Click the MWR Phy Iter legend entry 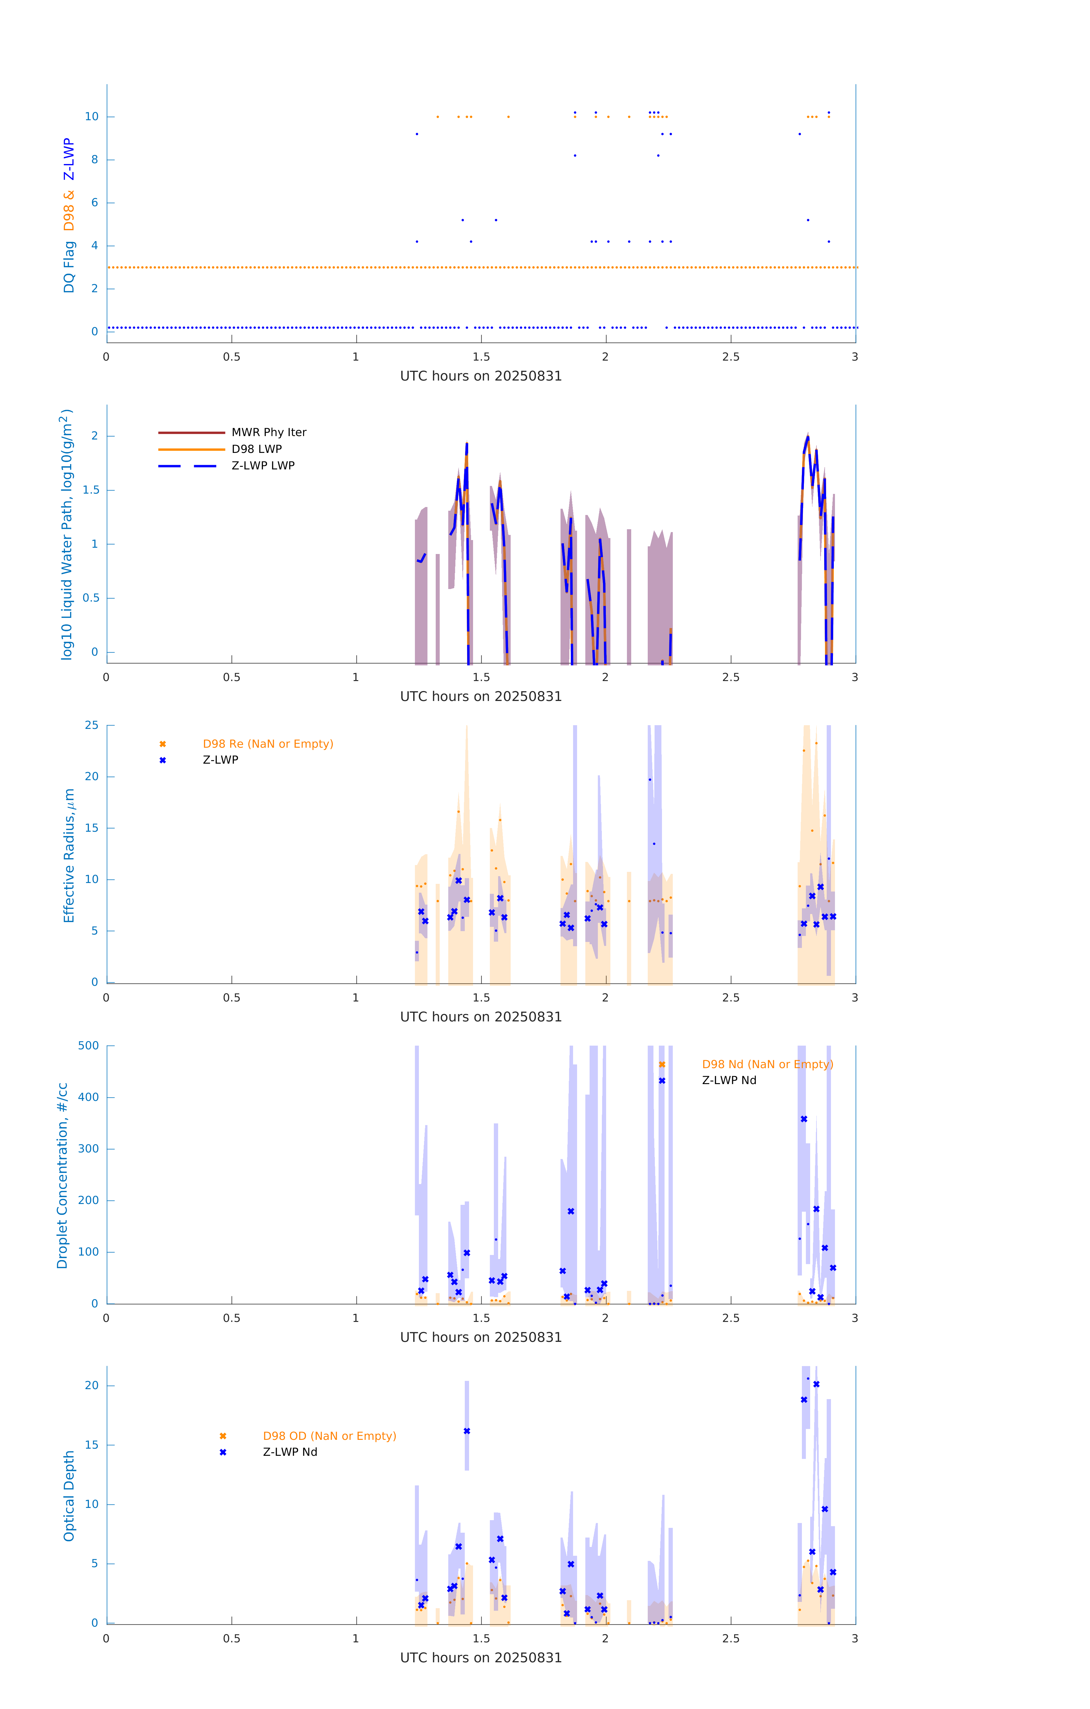coord(268,432)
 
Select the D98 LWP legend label coord(256,449)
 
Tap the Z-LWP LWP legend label coord(263,466)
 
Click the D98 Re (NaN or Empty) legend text coord(268,744)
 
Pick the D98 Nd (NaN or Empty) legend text coord(767,1065)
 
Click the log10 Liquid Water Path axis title coord(66,534)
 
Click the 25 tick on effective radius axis coord(91,725)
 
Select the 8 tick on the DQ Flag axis coord(94,160)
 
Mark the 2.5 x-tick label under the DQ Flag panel coord(731,357)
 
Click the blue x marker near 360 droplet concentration coord(804,1119)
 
